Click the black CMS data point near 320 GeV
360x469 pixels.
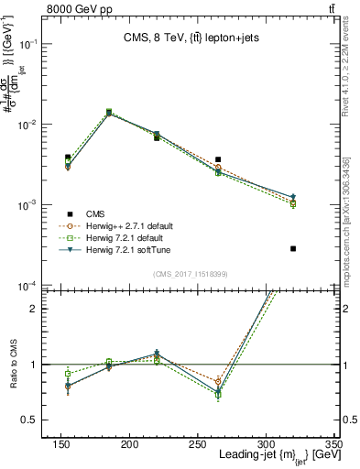pos(293,248)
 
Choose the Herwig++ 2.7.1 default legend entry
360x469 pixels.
pos(134,225)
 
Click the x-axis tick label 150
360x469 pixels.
pos(60,443)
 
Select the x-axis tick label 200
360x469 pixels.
pos(129,443)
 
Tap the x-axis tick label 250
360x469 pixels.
pos(198,443)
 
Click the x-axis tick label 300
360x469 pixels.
pos(266,443)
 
